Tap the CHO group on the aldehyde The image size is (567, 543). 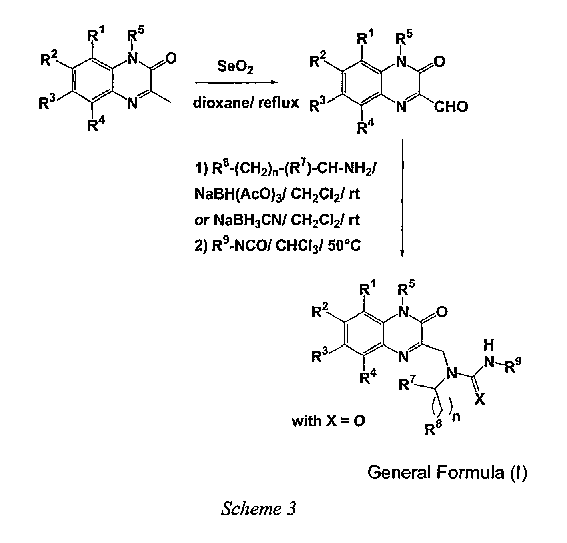(x=451, y=107)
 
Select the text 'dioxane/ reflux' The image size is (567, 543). (x=246, y=103)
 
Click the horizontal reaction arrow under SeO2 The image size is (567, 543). (x=236, y=82)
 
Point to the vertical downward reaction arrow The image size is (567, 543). (x=403, y=198)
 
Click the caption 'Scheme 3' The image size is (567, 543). (x=258, y=509)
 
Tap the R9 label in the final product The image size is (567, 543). (x=513, y=365)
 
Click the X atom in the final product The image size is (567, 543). (x=479, y=399)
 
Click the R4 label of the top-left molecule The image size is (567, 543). (x=96, y=124)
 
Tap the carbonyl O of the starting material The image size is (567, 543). (x=171, y=58)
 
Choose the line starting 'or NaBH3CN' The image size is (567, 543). (x=277, y=220)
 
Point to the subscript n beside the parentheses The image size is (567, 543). (x=456, y=417)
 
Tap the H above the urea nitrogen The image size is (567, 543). (x=489, y=345)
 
